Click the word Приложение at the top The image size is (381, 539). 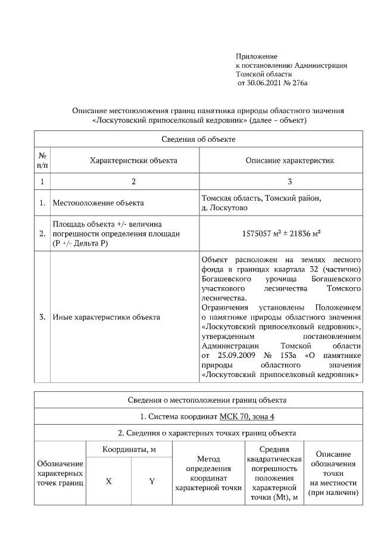click(x=256, y=55)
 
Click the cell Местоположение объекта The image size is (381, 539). click(x=98, y=203)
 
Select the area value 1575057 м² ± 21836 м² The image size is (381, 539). click(x=282, y=233)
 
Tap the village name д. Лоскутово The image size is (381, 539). click(x=224, y=208)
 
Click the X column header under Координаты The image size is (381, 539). click(x=108, y=481)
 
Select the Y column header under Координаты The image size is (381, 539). click(x=152, y=481)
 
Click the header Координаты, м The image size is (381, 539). click(x=129, y=449)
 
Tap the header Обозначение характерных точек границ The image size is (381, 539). click(x=60, y=473)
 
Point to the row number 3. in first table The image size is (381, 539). click(x=43, y=317)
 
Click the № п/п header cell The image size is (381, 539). click(x=43, y=160)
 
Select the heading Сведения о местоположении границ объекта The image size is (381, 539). click(x=198, y=399)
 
